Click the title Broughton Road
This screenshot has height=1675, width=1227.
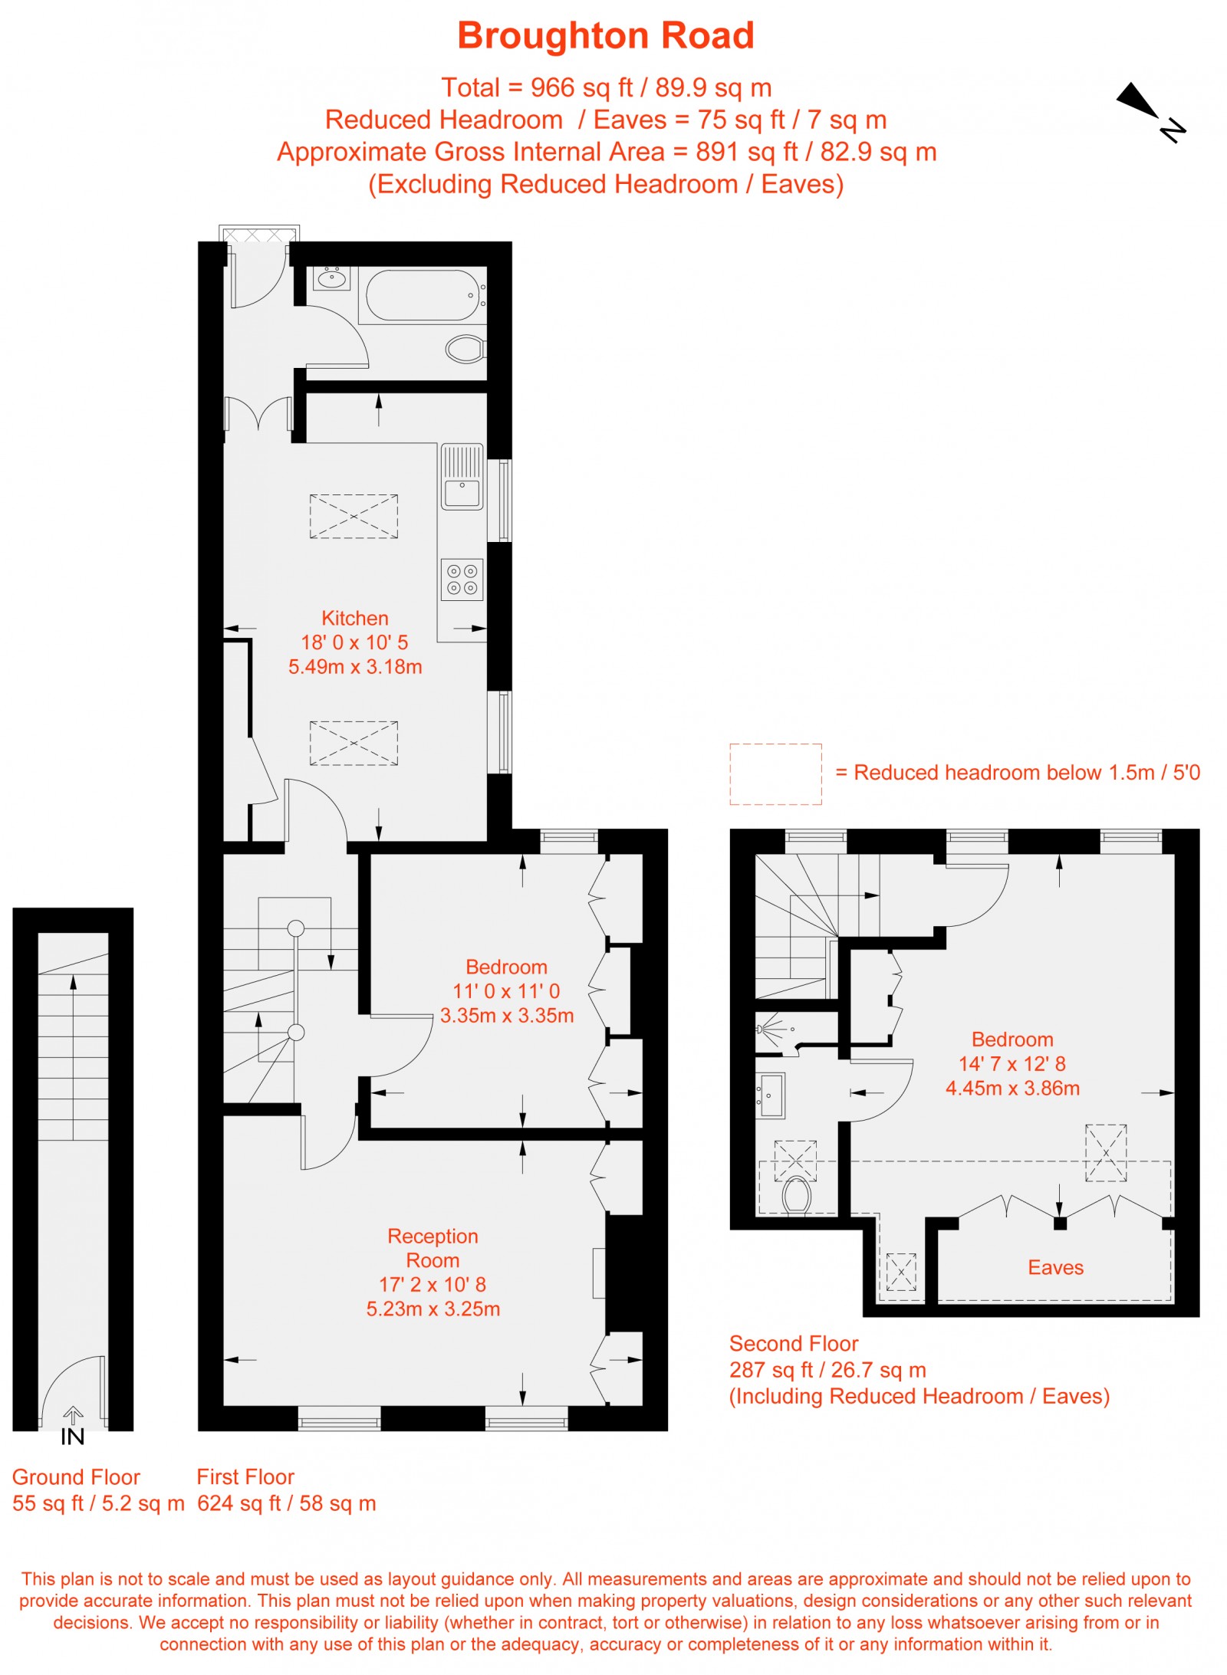coord(606,35)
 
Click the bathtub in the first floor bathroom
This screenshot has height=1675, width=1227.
coord(423,295)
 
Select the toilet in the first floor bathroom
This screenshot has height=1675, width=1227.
coord(465,349)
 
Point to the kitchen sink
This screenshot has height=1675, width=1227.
coord(462,477)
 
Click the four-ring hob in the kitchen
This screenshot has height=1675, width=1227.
coord(462,580)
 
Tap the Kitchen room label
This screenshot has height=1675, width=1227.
coord(355,618)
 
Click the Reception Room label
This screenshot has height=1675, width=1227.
coord(433,1248)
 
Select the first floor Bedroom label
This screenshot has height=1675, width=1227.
coord(506,967)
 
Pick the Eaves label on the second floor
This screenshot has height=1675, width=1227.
coord(1055,1267)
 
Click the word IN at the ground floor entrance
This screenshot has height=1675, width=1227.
coord(73,1437)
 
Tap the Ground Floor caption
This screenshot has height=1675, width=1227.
coord(76,1477)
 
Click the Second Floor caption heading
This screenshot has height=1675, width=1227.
coord(793,1344)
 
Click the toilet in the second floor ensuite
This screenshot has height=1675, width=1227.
coord(797,1195)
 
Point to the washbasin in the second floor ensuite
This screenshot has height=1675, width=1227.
coord(771,1095)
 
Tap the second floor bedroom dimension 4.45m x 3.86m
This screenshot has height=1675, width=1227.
coord(1012,1088)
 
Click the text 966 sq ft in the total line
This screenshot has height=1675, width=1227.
coord(582,87)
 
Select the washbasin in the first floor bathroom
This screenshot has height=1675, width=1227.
coord(331,278)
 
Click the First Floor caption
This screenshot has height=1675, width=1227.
coord(245,1477)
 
